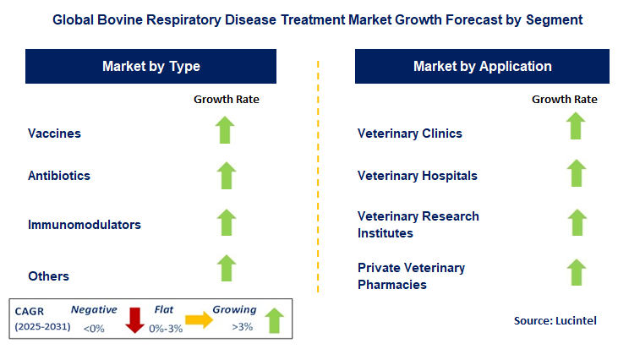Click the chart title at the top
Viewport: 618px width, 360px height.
click(x=309, y=18)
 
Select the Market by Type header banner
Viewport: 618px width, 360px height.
click(x=151, y=66)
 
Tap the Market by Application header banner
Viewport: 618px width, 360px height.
click(x=482, y=66)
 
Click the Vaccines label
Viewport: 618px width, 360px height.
click(x=54, y=134)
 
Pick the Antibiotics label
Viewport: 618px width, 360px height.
click(x=59, y=176)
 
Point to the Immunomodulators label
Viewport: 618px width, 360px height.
click(x=85, y=225)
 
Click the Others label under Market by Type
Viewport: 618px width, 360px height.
click(x=48, y=275)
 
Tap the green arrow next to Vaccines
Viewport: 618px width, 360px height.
click(x=226, y=130)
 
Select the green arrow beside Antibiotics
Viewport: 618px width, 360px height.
click(x=226, y=175)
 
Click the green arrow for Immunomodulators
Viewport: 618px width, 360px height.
click(x=226, y=222)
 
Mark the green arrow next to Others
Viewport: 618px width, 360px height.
click(x=226, y=268)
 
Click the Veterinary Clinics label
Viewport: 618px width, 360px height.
click(x=410, y=134)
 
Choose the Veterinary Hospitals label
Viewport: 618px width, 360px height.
click(x=418, y=176)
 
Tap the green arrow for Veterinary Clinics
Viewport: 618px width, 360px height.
click(x=576, y=126)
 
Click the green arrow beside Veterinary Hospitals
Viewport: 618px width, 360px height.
click(x=576, y=173)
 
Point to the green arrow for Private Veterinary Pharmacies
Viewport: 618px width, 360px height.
click(x=576, y=272)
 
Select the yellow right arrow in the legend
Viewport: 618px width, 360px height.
click(x=200, y=319)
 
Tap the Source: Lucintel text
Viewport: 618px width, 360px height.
click(x=555, y=321)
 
